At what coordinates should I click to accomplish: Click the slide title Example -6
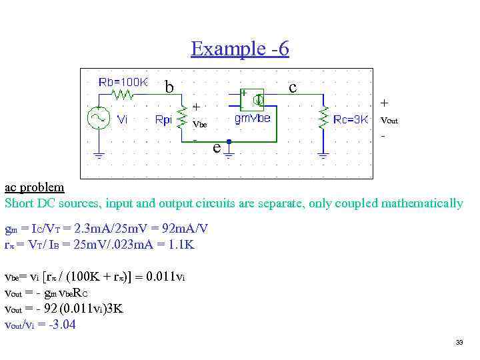(x=239, y=49)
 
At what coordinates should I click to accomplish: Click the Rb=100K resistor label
(x=123, y=82)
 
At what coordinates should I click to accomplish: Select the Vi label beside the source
(x=123, y=120)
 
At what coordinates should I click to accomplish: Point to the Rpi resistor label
(x=163, y=120)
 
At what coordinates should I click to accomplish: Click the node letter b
(x=169, y=87)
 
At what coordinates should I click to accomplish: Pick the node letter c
(x=293, y=87)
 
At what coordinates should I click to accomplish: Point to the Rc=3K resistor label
(x=351, y=120)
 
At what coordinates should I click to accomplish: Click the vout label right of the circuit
(x=389, y=121)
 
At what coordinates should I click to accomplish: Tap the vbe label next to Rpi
(x=199, y=124)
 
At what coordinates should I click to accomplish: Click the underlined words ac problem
(x=35, y=187)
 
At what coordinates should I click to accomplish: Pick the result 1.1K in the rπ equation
(x=179, y=245)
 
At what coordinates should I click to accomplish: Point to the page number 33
(x=459, y=343)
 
